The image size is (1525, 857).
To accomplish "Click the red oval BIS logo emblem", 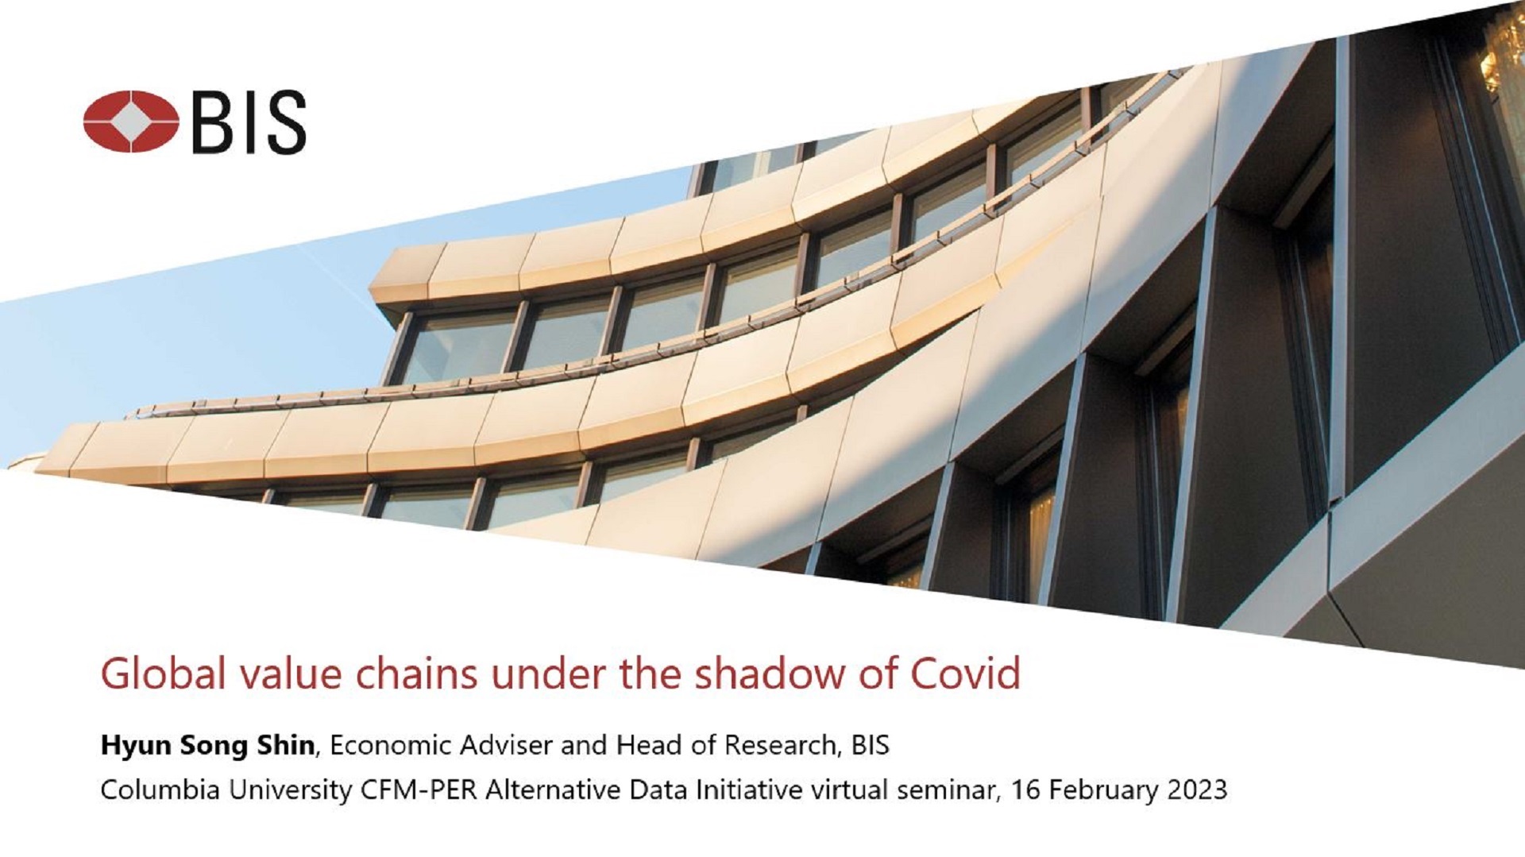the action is point(131,122).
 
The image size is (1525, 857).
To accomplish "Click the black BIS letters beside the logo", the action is point(249,122).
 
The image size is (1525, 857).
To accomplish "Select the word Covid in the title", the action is point(965,674).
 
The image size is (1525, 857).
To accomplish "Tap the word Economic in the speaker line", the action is point(389,745).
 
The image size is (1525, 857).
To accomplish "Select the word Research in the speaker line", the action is point(780,745).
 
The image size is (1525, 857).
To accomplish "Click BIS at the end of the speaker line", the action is point(870,745).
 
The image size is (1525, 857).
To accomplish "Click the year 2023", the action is point(1197,790).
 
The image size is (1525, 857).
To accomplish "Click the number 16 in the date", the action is point(1025,790).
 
